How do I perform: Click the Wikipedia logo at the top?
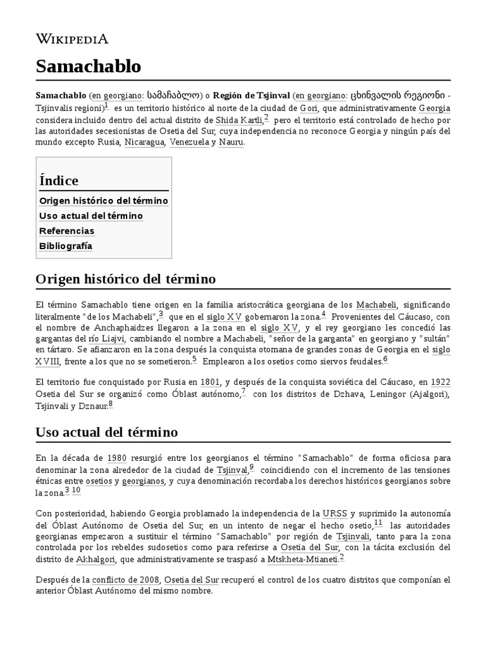pos(72,39)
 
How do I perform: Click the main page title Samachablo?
pos(89,66)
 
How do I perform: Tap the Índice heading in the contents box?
pos(59,181)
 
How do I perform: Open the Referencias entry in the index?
pos(66,231)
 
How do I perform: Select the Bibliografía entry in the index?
pos(66,246)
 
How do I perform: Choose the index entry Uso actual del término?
pos(91,215)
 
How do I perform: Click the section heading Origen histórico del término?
pos(126,279)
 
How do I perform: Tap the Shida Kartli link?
pos(239,119)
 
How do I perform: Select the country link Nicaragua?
pos(144,143)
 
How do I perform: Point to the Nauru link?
pos(231,143)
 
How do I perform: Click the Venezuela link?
pos(189,143)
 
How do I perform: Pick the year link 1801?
pos(210,382)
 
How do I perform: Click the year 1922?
pos(440,382)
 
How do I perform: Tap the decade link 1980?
pos(117,458)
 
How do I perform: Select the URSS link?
pos(335,513)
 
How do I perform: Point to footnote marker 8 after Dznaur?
pos(111,403)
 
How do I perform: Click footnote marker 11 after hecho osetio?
pos(378,523)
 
